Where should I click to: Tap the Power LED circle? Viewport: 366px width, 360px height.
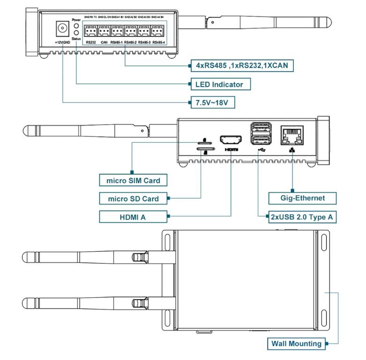[76, 26]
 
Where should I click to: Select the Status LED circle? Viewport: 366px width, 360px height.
[76, 34]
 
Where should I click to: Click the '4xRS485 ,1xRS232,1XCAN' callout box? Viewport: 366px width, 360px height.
[241, 66]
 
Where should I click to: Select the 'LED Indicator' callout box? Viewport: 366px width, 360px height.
[219, 84]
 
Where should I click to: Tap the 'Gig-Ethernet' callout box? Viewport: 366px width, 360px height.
[303, 198]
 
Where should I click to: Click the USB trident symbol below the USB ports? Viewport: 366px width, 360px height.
[261, 150]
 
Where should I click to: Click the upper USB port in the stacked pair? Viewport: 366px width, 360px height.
[261, 128]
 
